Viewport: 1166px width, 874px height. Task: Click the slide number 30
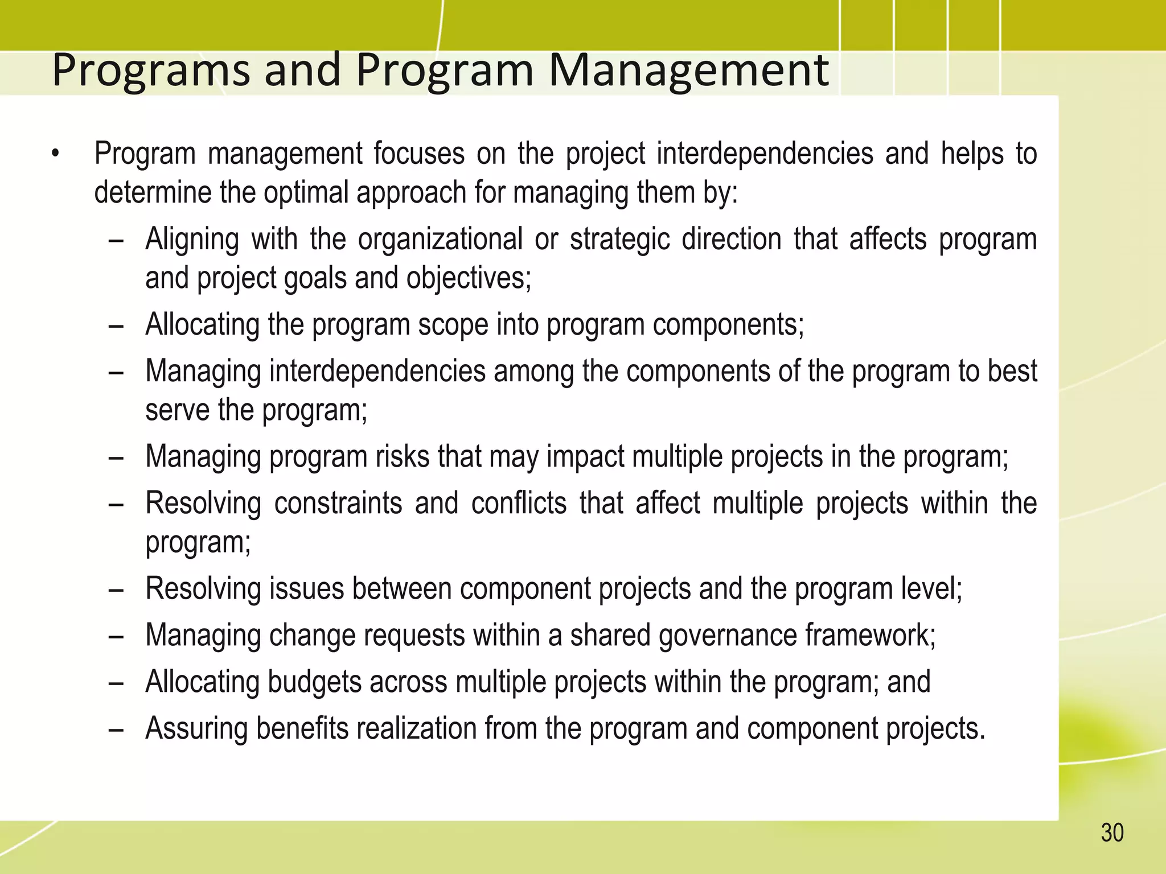pos(1112,833)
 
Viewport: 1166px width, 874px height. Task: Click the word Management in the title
pos(688,71)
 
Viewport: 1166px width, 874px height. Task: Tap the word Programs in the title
pos(151,71)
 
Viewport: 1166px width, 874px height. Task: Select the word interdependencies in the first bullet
pos(765,154)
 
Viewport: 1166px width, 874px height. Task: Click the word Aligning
pos(192,239)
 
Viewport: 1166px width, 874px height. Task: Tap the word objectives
pos(468,278)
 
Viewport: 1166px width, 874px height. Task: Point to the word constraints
pos(338,503)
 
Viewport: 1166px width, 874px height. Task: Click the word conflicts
pos(519,503)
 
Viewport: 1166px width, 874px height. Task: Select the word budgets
pos(314,682)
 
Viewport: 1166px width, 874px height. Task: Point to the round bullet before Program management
pos(55,154)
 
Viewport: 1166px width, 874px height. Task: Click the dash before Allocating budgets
pos(116,683)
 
